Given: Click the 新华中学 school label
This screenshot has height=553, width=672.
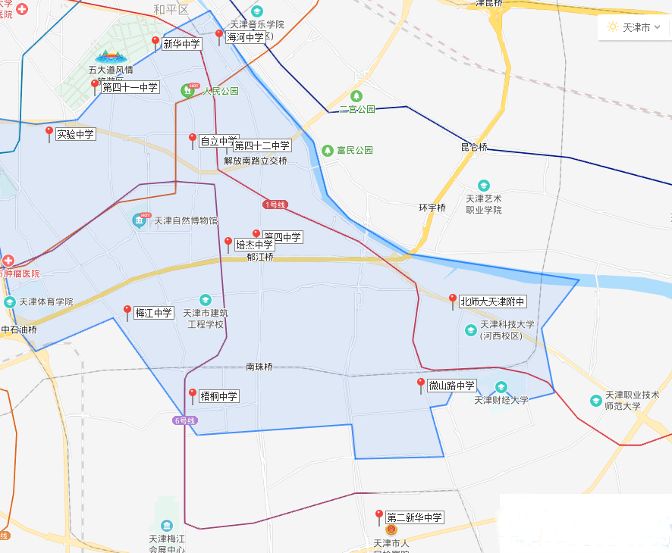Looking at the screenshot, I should click(x=182, y=44).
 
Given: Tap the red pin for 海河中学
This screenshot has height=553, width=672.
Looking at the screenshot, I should click(x=219, y=35).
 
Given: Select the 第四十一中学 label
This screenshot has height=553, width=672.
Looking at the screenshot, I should click(x=130, y=88).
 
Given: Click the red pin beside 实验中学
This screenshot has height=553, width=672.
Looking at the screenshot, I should click(x=49, y=133).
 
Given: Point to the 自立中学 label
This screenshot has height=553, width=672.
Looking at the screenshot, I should click(x=217, y=141).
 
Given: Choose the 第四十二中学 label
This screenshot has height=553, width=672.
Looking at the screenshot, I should click(x=262, y=145).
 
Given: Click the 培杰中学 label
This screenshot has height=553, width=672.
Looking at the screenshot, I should click(x=254, y=245).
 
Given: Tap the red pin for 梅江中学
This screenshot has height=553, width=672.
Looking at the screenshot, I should click(x=127, y=311).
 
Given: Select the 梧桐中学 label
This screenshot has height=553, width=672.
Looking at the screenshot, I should click(x=218, y=395).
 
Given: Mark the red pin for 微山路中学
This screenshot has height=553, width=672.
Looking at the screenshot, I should click(x=421, y=384).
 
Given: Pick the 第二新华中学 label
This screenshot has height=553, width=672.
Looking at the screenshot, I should click(x=414, y=517).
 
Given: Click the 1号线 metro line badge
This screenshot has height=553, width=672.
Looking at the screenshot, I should click(x=275, y=205).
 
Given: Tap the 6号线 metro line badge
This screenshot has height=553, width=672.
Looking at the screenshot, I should click(x=184, y=420).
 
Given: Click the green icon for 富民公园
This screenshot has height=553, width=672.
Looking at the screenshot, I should click(x=328, y=150).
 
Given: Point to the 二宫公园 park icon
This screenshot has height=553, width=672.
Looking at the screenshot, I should click(x=356, y=96).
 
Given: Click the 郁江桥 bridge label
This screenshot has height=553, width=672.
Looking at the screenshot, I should click(x=260, y=257).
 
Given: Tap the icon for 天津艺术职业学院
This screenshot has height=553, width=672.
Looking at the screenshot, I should click(x=484, y=186).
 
